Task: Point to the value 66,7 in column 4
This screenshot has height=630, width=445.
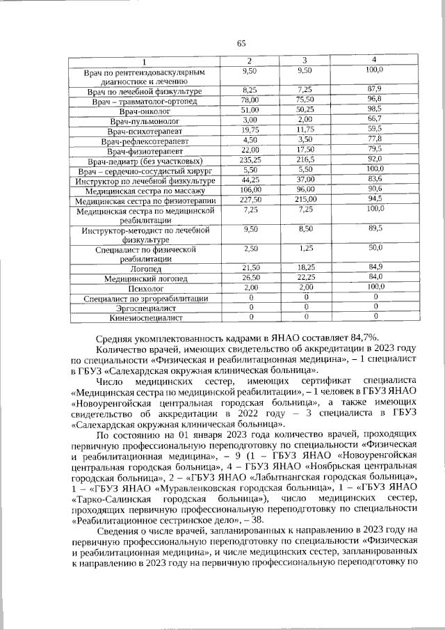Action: [x=375, y=120]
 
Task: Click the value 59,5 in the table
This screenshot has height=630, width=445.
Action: [x=375, y=129]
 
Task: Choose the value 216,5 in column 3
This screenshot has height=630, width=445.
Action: [x=305, y=160]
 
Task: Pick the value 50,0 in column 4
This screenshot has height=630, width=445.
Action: [x=375, y=248]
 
